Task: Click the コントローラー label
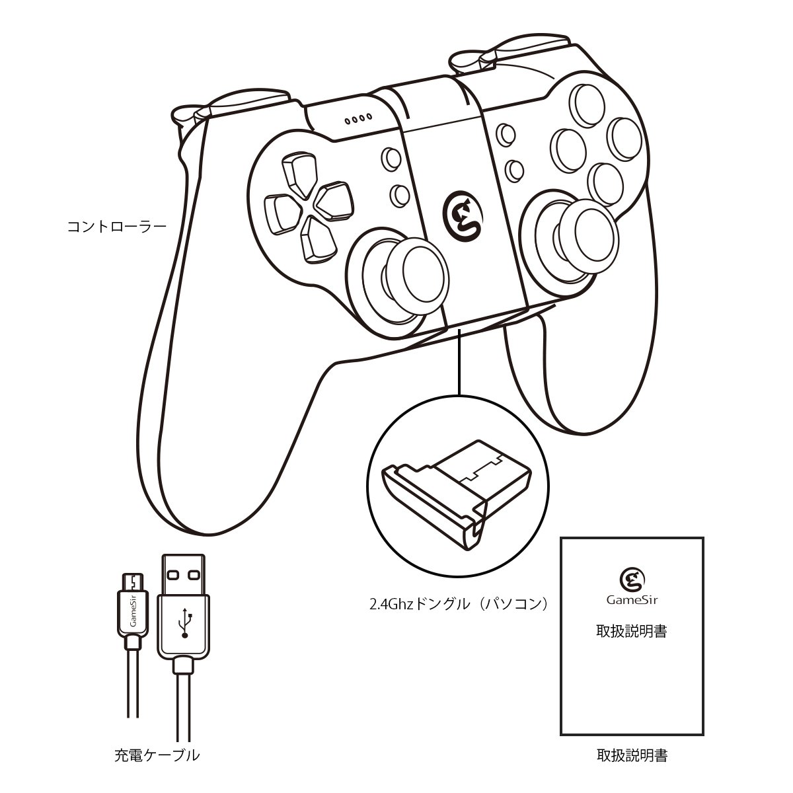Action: click(117, 227)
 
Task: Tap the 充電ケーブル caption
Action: click(157, 755)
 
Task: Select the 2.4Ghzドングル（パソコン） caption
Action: click(459, 604)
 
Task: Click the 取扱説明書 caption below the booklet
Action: click(632, 755)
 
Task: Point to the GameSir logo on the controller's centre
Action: click(463, 215)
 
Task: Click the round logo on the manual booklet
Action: click(632, 579)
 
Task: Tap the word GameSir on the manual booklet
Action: click(632, 599)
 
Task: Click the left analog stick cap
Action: click(425, 269)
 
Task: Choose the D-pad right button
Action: click(334, 200)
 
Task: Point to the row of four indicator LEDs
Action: click(358, 120)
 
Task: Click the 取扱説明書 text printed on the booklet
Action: click(632, 631)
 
